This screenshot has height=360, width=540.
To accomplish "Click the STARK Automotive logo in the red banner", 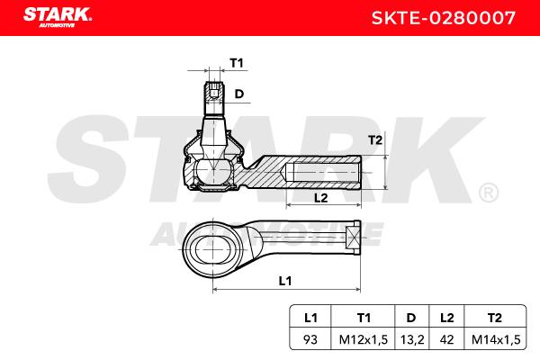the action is click(58, 17).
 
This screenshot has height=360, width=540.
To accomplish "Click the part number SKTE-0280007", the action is click(444, 18).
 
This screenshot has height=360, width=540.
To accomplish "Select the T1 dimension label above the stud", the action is click(237, 63).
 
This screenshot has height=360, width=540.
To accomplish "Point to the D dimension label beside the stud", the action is click(239, 94).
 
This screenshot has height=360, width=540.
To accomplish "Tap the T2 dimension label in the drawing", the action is click(375, 140).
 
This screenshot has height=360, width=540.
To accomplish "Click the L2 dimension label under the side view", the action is click(321, 198).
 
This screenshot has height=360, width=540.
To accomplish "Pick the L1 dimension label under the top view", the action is click(285, 281).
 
